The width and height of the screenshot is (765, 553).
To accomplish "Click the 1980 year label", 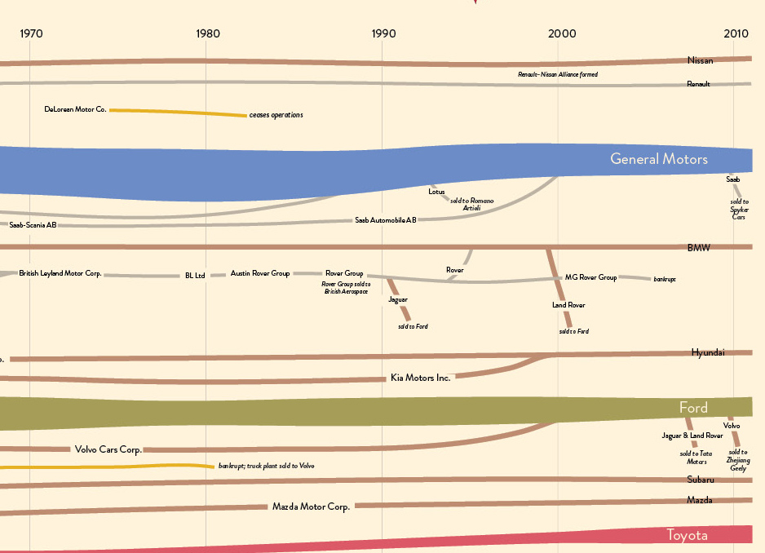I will tap(207, 33).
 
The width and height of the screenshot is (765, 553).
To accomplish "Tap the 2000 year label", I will tap(561, 33).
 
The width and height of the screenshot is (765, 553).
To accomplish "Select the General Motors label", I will tap(659, 159).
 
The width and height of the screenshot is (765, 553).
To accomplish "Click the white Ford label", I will tap(693, 407).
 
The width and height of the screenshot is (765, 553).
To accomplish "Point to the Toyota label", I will tap(687, 535).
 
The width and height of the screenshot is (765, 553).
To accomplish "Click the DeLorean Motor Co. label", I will tap(75, 108).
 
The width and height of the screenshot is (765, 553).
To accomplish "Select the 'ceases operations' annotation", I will tap(276, 115).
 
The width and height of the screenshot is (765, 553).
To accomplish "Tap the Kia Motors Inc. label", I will tap(420, 378).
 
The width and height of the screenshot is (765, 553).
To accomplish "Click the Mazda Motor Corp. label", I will tap(311, 507).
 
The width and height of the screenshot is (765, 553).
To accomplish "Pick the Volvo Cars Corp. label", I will tap(108, 449).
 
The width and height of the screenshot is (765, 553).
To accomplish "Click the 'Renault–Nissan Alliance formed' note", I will tap(558, 74).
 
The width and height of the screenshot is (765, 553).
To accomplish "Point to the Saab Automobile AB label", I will tap(386, 220).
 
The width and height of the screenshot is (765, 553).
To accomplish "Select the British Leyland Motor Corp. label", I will tap(60, 273).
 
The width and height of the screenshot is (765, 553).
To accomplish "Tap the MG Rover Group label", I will tap(590, 277).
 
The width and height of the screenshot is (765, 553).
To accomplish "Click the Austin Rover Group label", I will tap(259, 273).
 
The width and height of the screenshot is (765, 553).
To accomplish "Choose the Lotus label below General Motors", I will tap(436, 192).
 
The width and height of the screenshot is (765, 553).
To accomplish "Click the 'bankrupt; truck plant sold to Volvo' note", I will tap(266, 466).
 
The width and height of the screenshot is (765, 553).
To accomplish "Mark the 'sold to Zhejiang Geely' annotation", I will tap(737, 460).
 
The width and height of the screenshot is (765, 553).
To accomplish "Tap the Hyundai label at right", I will tap(707, 352).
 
